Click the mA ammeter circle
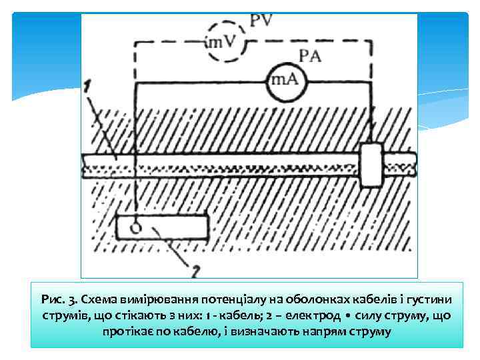click(x=283, y=81)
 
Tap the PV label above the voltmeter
click(x=261, y=21)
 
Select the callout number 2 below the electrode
click(x=195, y=271)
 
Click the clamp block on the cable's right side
click(x=370, y=165)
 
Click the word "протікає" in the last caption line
click(x=127, y=331)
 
